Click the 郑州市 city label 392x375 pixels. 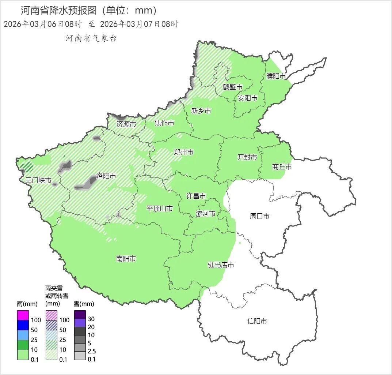pyautogui.click(x=183, y=152)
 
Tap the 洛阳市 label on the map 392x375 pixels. pyautogui.click(x=106, y=176)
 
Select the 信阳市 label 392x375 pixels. pyautogui.click(x=257, y=321)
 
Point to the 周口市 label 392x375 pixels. pyautogui.click(x=259, y=216)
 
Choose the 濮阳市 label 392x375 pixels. pyautogui.click(x=276, y=76)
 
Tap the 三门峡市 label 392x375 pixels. pyautogui.click(x=38, y=180)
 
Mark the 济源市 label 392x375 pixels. pyautogui.click(x=126, y=124)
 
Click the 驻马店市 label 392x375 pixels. pyautogui.click(x=221, y=265)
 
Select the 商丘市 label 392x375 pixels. pyautogui.click(x=282, y=167)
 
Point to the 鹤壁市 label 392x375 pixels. pyautogui.click(x=233, y=87)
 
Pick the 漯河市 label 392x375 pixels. pyautogui.click(x=206, y=214)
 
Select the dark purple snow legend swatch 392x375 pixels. pyautogui.click(x=80, y=315)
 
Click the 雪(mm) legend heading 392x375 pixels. pyautogui.click(x=84, y=304)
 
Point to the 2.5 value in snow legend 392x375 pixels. pyautogui.click(x=92, y=351)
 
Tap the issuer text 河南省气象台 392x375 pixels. pyautogui.click(x=91, y=38)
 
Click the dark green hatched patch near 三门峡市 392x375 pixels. pyautogui.click(x=27, y=167)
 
